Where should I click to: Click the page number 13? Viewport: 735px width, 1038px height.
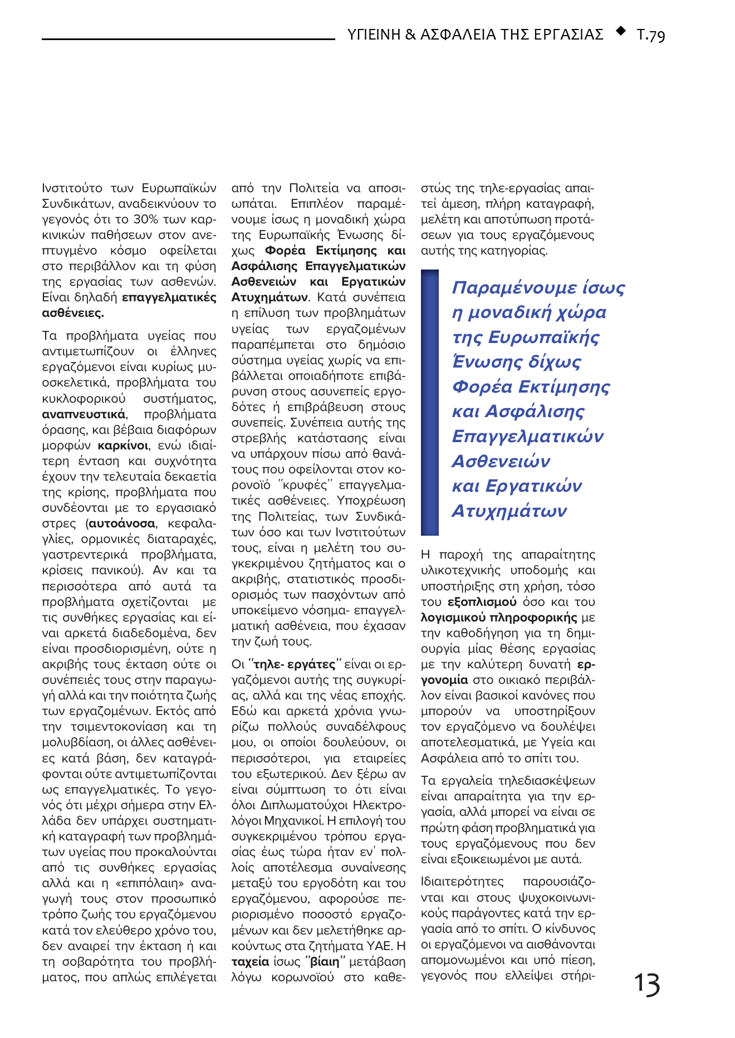tap(647, 984)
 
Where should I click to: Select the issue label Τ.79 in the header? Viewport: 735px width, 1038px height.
tap(650, 35)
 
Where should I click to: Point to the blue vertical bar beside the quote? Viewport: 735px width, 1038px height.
tap(430, 403)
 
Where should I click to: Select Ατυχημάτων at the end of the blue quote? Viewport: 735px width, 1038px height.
tap(509, 511)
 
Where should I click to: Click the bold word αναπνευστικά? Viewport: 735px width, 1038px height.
tap(84, 414)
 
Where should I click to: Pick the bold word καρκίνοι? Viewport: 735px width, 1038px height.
tap(123, 445)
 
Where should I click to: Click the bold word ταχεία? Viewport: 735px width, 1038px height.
tap(250, 962)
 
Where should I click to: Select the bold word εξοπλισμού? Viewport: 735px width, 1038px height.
tap(482, 602)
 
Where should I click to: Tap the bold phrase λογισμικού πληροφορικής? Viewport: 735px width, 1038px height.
tap(499, 618)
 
